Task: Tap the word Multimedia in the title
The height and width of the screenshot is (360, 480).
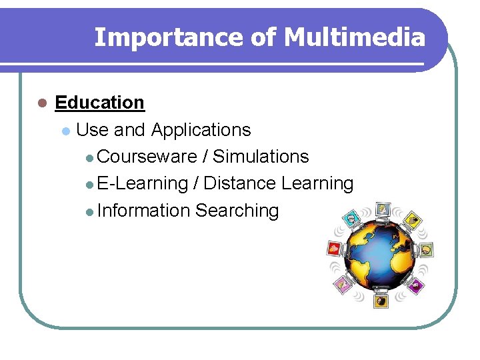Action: coord(354,37)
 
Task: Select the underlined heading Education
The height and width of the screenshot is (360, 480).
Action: coord(99,103)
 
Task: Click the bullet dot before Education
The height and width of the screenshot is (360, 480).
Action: coord(41,103)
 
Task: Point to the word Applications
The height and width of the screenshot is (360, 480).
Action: coord(201,129)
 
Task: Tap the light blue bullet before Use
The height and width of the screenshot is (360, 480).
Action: coord(65,130)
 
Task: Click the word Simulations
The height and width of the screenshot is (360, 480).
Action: coord(261,157)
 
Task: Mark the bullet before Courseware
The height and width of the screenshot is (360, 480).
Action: coord(90,157)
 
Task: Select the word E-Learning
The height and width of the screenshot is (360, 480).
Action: coord(143,183)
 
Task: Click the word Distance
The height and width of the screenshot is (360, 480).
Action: coord(240,183)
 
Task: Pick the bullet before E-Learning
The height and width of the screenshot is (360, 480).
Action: coord(90,184)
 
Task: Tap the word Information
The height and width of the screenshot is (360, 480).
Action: coord(143,211)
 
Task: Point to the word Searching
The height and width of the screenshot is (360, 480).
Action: coord(237,211)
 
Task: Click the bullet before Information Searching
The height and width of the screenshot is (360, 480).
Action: coord(90,211)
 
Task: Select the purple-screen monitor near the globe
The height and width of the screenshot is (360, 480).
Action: coord(417,286)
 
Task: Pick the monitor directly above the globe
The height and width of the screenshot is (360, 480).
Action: coord(382,209)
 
